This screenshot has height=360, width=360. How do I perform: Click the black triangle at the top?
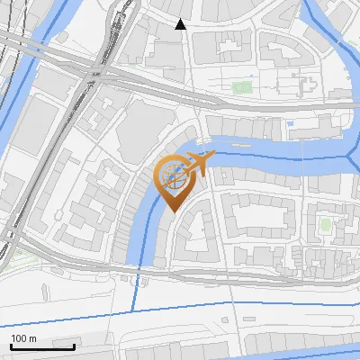[x=181, y=24]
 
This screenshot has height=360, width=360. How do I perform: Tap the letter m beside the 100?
[x=33, y=338]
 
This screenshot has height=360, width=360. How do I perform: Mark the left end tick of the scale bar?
[x=11, y=346]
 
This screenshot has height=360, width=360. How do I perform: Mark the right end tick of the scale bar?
[x=75, y=346]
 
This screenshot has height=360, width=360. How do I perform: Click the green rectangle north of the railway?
[x=241, y=87]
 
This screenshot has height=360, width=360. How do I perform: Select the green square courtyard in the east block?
[x=325, y=222]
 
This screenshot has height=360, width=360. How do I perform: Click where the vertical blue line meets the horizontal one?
[x=136, y=310]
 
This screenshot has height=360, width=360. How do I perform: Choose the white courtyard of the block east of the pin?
[x=261, y=215]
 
